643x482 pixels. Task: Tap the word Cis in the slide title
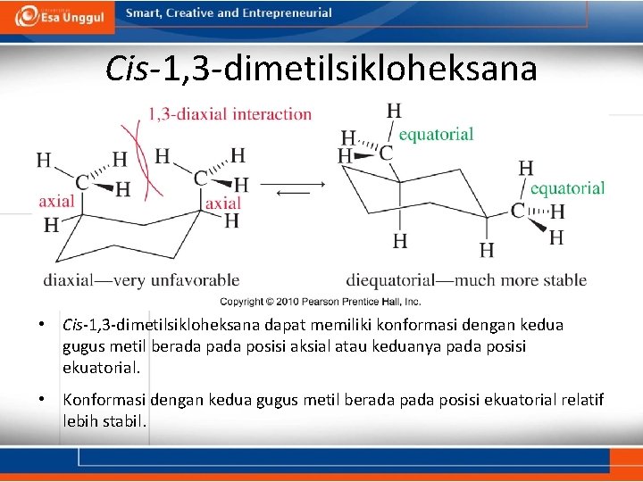[x=129, y=68]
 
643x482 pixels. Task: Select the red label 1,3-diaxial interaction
[x=230, y=114]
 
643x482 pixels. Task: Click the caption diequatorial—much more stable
[x=466, y=280]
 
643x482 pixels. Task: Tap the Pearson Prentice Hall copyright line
[x=321, y=302]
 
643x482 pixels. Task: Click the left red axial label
[x=56, y=202]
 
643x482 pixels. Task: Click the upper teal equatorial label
[x=436, y=134]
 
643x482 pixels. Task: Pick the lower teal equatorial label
[x=567, y=188]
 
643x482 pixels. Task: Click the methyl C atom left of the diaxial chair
[x=81, y=182]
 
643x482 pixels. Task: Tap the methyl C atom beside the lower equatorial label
[x=517, y=211]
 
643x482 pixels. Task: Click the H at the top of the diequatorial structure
[x=394, y=111]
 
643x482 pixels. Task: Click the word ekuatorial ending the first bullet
[x=101, y=367]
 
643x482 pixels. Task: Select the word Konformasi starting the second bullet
[x=105, y=400]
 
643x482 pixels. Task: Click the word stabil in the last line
[x=126, y=420]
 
